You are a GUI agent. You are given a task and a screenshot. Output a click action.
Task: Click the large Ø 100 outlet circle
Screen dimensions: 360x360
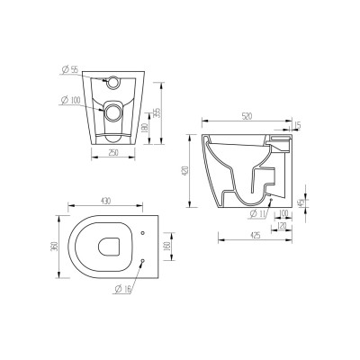click(x=112, y=113)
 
